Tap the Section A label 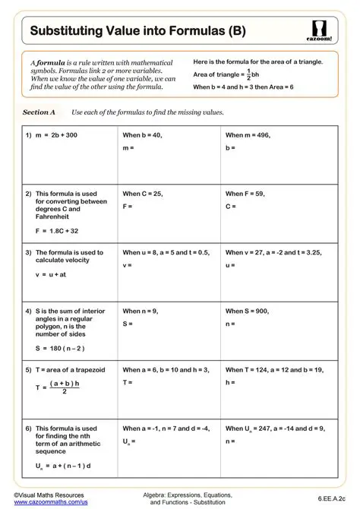39,112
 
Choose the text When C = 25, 143,194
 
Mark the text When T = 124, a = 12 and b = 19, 274,370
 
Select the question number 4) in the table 28,311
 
